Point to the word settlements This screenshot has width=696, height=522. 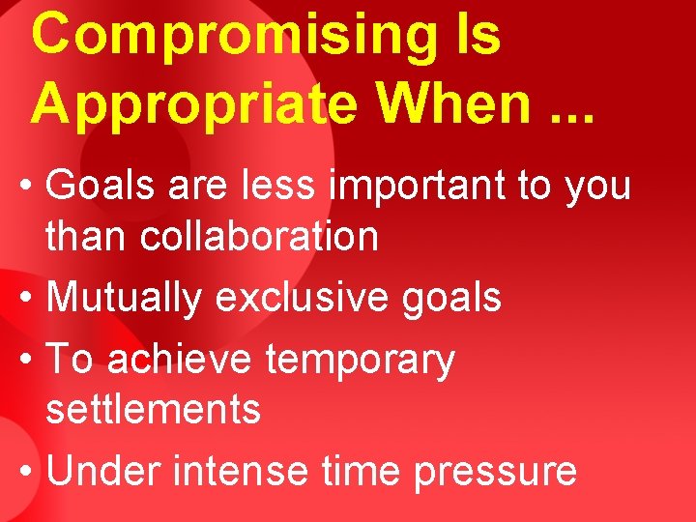coord(154,409)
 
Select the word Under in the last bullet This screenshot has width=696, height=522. coord(104,471)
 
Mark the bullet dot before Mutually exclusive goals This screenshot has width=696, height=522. coord(28,299)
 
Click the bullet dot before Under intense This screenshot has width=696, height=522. coord(28,472)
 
